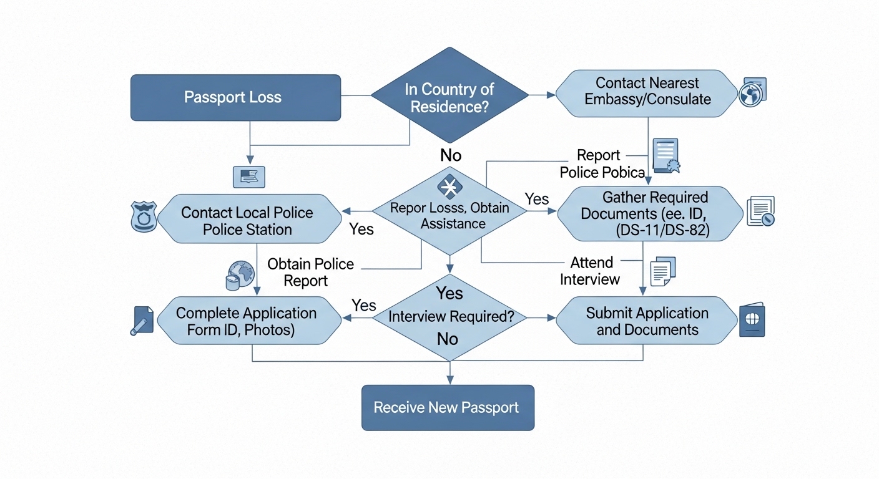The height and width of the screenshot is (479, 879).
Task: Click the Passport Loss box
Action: click(x=235, y=97)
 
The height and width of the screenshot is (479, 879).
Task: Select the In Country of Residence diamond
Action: click(x=449, y=95)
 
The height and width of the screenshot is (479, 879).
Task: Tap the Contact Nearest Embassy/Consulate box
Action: click(x=647, y=94)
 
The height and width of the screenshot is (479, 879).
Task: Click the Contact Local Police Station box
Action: click(x=249, y=219)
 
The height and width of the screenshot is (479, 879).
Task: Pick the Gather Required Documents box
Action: click(x=651, y=214)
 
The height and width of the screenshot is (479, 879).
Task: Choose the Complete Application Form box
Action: click(x=249, y=321)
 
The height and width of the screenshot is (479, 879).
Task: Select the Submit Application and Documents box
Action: click(x=647, y=320)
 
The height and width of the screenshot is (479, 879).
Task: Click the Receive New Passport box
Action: click(x=448, y=408)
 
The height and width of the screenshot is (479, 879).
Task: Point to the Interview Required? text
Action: click(x=451, y=316)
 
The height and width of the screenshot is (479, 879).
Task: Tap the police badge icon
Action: click(x=144, y=216)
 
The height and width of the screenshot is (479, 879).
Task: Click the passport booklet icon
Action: click(x=752, y=319)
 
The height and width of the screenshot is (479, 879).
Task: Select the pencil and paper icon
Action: click(x=142, y=321)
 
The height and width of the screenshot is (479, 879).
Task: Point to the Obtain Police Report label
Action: click(x=310, y=273)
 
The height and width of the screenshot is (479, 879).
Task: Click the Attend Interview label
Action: click(x=590, y=271)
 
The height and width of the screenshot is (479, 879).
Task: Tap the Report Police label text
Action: click(x=602, y=164)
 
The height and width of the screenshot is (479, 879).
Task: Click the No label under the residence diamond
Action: click(x=451, y=156)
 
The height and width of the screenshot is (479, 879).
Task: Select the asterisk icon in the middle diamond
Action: click(x=449, y=186)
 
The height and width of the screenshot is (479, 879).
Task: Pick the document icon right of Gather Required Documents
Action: click(x=760, y=211)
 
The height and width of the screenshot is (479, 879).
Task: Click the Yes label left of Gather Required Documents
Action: click(x=536, y=199)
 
